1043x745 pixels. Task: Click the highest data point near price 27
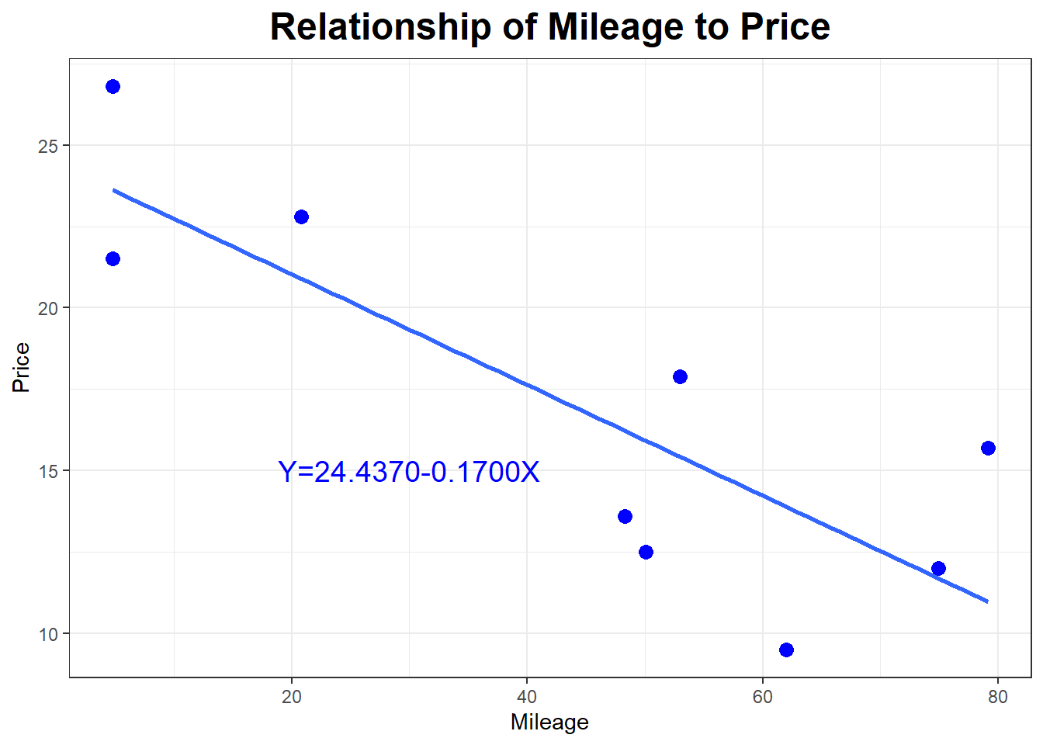click(x=113, y=86)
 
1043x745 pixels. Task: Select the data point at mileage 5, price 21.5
click(x=113, y=258)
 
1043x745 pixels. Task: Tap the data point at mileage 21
click(x=301, y=217)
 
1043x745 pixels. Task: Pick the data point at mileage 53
click(x=680, y=376)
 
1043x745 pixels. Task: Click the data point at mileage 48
click(x=625, y=516)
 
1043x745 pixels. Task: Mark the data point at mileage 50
click(x=646, y=552)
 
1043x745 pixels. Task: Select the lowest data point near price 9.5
click(x=786, y=650)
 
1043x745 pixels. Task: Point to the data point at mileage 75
click(x=938, y=568)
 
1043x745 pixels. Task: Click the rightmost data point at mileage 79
click(x=988, y=448)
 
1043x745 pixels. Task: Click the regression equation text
click(x=408, y=472)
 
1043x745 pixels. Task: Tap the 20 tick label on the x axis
click(x=292, y=697)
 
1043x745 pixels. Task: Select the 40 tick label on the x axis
click(x=527, y=697)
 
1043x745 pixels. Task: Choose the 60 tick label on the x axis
click(x=762, y=697)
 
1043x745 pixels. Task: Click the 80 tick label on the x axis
click(x=998, y=697)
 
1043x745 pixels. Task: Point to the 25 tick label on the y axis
click(x=48, y=146)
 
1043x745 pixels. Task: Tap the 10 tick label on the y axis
click(x=48, y=634)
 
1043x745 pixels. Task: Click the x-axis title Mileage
click(x=549, y=722)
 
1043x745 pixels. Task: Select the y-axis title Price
click(x=21, y=367)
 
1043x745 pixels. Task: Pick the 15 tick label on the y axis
click(x=48, y=471)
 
